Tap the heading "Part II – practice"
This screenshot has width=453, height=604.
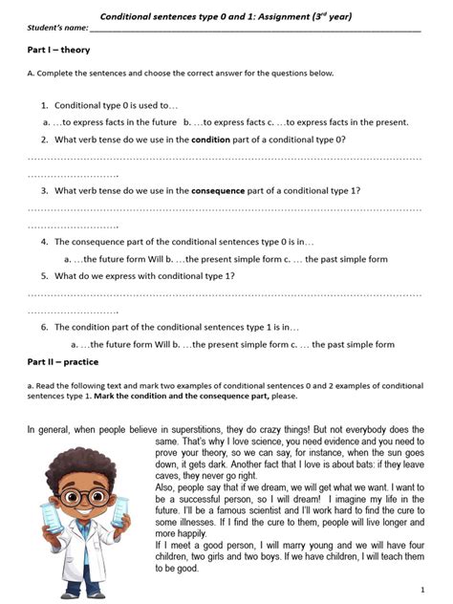click(x=63, y=363)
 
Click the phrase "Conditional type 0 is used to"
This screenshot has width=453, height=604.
click(x=114, y=105)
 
